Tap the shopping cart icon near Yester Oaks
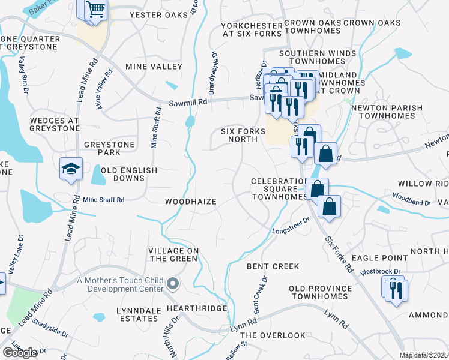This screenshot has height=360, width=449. [x=95, y=10]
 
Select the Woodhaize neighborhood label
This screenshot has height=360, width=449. [x=191, y=202]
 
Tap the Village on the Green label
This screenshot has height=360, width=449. [x=173, y=254]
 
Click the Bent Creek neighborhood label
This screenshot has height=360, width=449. [x=273, y=265]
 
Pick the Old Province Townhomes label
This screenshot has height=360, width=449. [x=319, y=292]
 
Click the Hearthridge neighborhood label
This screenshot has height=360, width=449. [x=197, y=308]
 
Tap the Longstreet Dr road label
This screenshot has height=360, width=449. [x=290, y=225]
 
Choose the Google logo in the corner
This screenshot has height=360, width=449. [x=20, y=352]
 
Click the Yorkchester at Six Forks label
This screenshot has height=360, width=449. [x=252, y=30]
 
